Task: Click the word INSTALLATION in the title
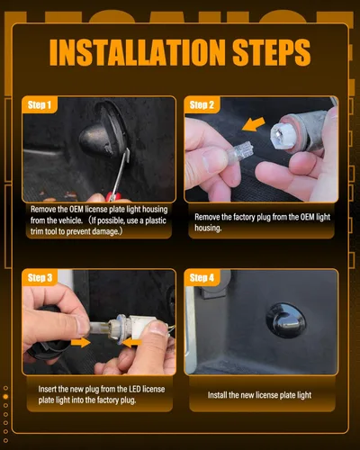click(137, 52)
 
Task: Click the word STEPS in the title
click(272, 52)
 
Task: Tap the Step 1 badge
click(40, 105)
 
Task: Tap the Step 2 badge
click(202, 105)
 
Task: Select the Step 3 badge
click(40, 277)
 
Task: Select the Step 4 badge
click(202, 277)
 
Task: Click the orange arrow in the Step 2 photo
click(254, 124)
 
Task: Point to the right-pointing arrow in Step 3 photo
click(81, 342)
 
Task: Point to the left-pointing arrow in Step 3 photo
click(131, 343)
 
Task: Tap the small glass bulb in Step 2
click(239, 154)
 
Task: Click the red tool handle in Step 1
click(113, 197)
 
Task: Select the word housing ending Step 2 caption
click(208, 228)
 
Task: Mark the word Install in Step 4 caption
click(217, 395)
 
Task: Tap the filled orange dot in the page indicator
click(5, 397)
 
